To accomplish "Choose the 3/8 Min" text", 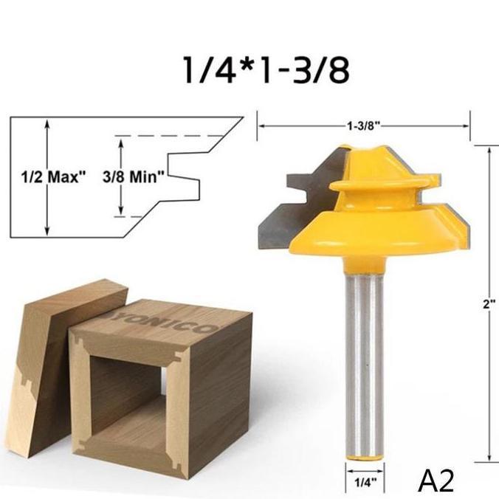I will (x=144, y=176).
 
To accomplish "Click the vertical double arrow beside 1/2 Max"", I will (x=47, y=176).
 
